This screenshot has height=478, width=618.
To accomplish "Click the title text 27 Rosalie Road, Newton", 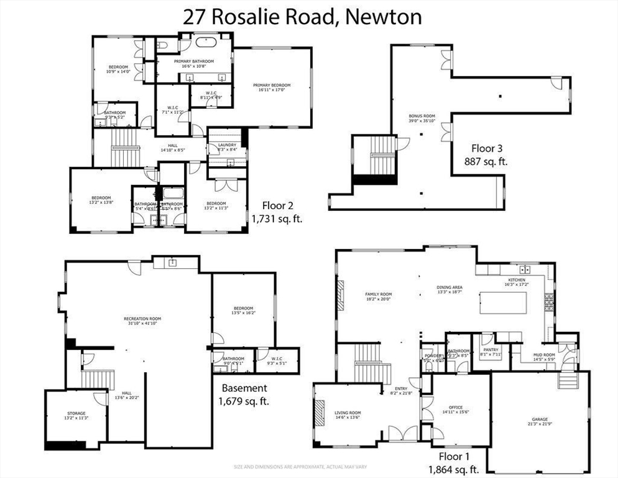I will tap(302, 16).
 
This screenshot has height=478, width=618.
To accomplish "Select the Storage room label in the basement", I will tap(76, 415).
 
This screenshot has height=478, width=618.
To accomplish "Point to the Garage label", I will tap(539, 421).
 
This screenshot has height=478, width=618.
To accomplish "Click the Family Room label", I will tap(377, 296).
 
